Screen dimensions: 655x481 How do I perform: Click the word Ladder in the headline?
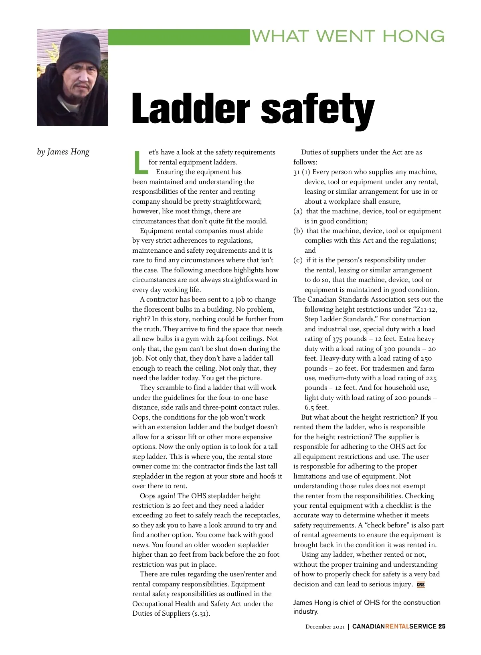pyautogui.click(x=191, y=108)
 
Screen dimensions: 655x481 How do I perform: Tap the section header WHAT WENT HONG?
pyautogui.click(x=348, y=36)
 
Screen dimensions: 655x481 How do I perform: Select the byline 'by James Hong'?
pyautogui.click(x=63, y=152)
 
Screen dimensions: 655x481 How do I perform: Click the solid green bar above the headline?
pyautogui.click(x=179, y=37)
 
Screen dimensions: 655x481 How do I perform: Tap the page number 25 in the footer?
pyautogui.click(x=442, y=627)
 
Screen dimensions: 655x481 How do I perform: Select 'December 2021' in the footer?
pyautogui.click(x=325, y=627)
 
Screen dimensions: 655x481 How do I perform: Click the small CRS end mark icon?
pyautogui.click(x=420, y=584)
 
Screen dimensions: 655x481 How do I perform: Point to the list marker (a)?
pyautogui.click(x=298, y=211)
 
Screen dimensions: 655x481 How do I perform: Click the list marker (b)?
pyautogui.click(x=298, y=231)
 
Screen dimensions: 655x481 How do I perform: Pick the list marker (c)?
pyautogui.click(x=298, y=260)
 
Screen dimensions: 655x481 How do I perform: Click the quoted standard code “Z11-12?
pyautogui.click(x=424, y=309)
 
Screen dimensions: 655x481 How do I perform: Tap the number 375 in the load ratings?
pyautogui.click(x=337, y=339)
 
